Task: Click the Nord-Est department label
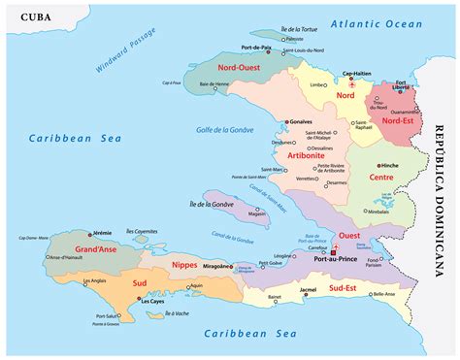[399, 120]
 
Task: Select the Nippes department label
[182, 263]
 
